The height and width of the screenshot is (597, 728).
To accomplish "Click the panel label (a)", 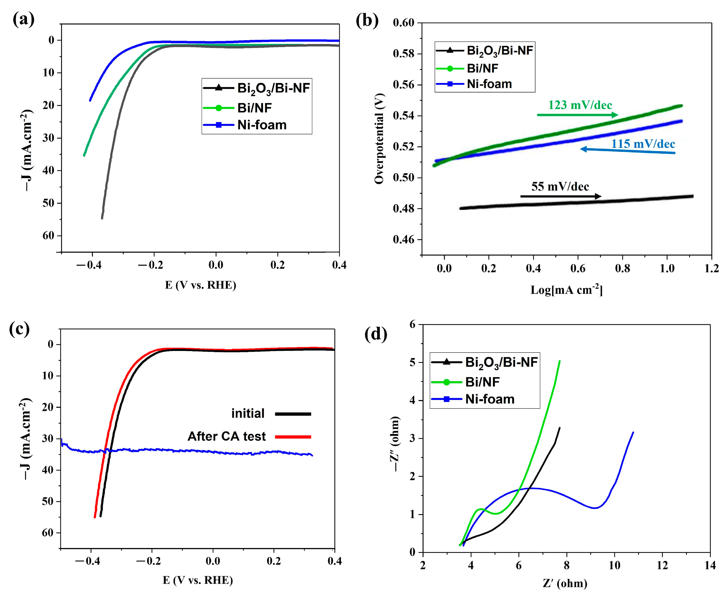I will click(23, 20).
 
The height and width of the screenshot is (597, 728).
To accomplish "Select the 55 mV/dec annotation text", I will click(560, 187).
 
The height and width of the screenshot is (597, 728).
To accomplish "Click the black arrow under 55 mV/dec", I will click(561, 196).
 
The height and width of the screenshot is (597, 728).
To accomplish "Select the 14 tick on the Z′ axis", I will click(710, 565).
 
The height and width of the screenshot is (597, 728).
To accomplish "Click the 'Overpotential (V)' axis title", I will click(379, 139).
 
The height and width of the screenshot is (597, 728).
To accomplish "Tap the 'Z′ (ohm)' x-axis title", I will click(565, 584).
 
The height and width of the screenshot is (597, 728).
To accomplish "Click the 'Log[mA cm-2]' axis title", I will click(566, 290).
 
